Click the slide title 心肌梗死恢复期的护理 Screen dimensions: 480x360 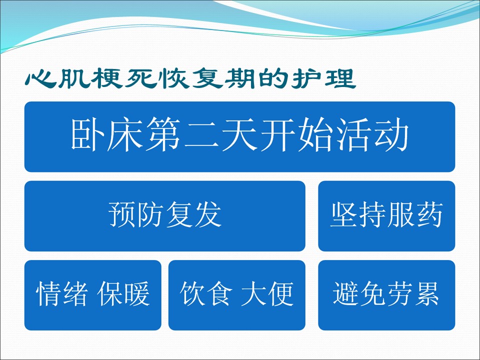click(190, 79)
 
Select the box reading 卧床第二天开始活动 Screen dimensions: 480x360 click(239, 136)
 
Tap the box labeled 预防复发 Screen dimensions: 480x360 click(164, 216)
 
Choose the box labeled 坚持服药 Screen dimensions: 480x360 click(386, 216)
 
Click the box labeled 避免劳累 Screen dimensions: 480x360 click(386, 295)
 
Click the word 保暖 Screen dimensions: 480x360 click(123, 293)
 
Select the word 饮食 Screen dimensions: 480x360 click(206, 293)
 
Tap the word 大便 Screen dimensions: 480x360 click(267, 293)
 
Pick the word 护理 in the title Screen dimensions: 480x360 click(323, 79)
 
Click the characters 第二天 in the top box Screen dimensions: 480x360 click(202, 135)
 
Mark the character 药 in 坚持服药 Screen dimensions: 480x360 click(430, 214)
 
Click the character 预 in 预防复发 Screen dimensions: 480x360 click(122, 214)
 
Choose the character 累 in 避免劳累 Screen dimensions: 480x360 click(426, 293)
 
